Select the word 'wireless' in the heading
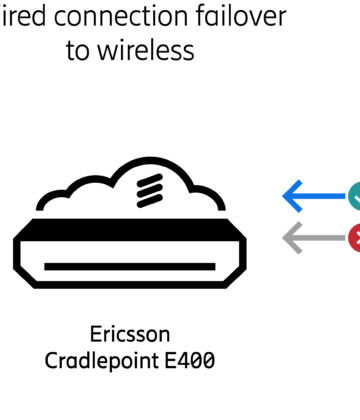pos(149,51)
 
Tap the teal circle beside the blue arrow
pos(353,196)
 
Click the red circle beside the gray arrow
pos(353,237)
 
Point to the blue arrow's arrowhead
pos(291,196)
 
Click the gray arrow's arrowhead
pos(291,237)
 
